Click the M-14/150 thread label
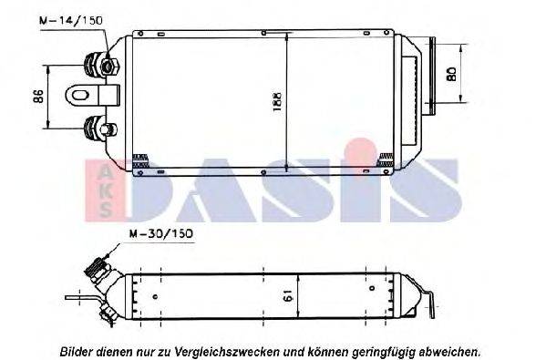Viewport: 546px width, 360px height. (x=71, y=19)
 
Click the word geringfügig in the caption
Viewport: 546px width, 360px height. (x=384, y=350)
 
